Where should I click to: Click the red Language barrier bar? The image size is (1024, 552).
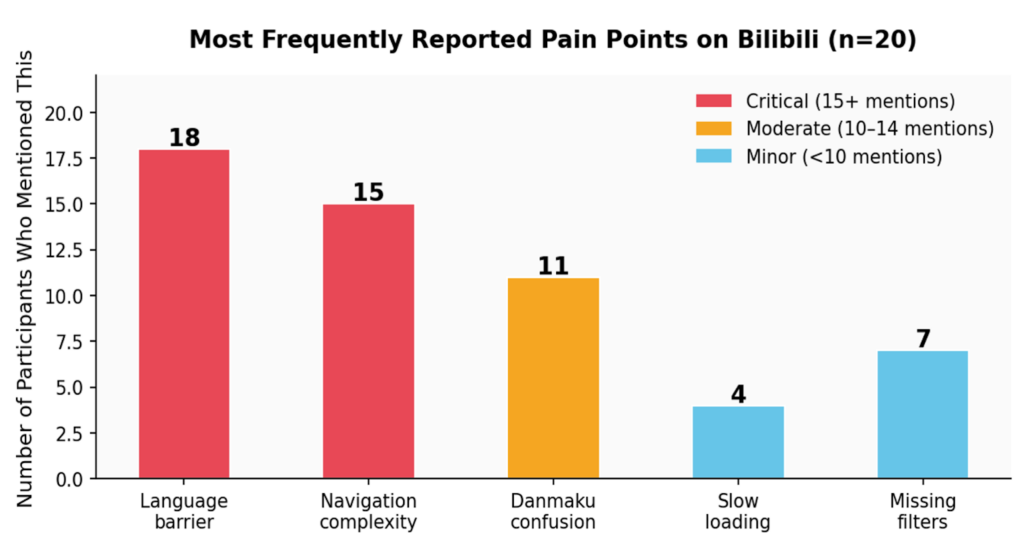click(x=184, y=314)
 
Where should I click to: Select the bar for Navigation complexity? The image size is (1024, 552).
click(x=368, y=341)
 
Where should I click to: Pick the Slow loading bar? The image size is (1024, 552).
click(x=738, y=442)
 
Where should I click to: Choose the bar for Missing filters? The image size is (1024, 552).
click(x=922, y=414)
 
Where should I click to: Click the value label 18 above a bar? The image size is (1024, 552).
click(x=184, y=137)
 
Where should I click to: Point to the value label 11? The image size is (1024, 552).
click(x=553, y=266)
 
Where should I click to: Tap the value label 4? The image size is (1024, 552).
click(x=738, y=394)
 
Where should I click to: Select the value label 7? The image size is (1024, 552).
click(x=922, y=339)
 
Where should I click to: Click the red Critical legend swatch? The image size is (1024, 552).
click(x=714, y=101)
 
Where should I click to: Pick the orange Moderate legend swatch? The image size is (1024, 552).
click(x=714, y=128)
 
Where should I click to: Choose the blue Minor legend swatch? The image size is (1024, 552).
click(x=714, y=156)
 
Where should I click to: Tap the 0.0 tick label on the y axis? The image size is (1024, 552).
click(x=70, y=479)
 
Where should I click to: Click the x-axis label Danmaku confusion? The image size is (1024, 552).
click(x=553, y=511)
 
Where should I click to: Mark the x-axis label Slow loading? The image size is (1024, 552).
click(x=738, y=511)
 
